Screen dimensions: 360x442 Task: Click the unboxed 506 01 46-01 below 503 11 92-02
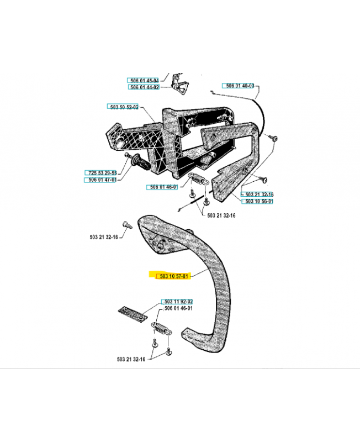point(178,308)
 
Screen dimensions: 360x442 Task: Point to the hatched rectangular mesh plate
point(133,314)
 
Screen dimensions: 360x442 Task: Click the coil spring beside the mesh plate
point(162,329)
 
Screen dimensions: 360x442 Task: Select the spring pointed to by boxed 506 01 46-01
point(198,178)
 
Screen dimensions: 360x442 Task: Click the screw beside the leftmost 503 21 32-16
point(128,225)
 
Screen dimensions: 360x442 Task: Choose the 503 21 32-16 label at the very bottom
point(131,360)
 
